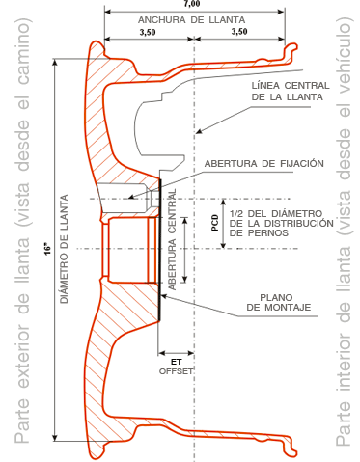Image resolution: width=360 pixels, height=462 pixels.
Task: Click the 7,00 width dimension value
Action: [x=192, y=4]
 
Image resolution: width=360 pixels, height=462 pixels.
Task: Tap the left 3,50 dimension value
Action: [x=148, y=32]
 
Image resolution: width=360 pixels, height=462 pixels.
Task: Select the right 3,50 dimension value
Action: [x=239, y=32]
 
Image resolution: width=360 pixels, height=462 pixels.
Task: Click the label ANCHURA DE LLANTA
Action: [x=192, y=20]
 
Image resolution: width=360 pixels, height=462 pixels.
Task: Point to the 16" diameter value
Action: [x=48, y=250]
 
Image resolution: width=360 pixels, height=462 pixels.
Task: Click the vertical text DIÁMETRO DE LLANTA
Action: [x=65, y=249]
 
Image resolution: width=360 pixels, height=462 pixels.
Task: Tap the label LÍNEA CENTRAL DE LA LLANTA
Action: [x=291, y=92]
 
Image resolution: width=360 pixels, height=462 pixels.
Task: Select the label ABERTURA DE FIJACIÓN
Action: [x=264, y=164]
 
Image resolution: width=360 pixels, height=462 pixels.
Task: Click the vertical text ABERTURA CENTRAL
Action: [x=173, y=239]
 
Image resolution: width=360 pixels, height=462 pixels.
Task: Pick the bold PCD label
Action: [x=215, y=223]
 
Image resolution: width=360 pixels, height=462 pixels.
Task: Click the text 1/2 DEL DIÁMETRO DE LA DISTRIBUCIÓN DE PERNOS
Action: [x=282, y=223]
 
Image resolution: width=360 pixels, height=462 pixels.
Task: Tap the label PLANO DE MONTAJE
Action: [x=279, y=302]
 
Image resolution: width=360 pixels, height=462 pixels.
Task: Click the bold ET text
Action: [x=176, y=362]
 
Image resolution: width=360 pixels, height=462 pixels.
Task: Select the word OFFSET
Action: [x=176, y=371]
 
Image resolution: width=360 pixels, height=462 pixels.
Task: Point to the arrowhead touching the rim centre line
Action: [x=199, y=131]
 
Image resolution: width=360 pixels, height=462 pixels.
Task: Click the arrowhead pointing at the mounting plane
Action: [x=163, y=295]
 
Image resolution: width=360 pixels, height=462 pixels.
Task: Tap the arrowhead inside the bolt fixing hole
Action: [x=131, y=197]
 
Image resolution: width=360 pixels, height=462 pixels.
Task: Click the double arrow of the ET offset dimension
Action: [x=176, y=353]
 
